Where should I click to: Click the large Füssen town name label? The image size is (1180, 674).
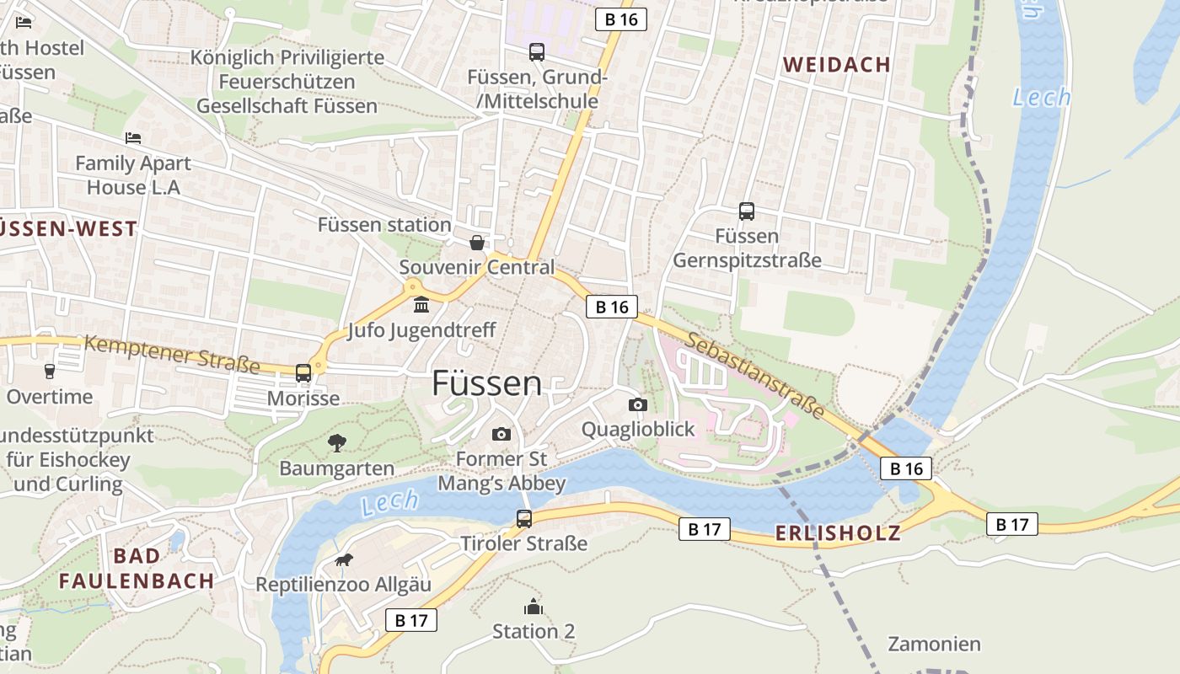click(486, 383)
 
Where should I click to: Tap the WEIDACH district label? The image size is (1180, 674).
click(836, 65)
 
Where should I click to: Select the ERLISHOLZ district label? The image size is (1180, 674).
click(837, 532)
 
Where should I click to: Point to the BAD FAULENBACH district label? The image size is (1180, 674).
click(137, 569)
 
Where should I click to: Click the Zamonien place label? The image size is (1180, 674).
click(934, 645)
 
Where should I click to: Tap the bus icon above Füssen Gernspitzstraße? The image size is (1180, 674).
click(746, 211)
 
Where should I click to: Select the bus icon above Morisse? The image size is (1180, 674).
click(303, 372)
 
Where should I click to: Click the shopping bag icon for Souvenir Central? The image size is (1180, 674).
click(477, 243)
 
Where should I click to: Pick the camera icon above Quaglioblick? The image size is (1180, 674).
click(638, 404)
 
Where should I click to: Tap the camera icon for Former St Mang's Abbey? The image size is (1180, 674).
click(501, 434)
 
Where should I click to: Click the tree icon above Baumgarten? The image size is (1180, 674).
click(336, 442)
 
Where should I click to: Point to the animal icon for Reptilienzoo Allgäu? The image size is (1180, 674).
click(343, 560)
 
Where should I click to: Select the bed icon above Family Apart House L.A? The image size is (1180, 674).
click(133, 137)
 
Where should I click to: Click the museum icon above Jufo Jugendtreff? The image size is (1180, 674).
click(421, 304)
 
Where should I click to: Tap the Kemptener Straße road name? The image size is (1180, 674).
click(172, 354)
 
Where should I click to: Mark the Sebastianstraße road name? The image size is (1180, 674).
click(754, 375)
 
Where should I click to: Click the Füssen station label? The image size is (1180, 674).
click(383, 225)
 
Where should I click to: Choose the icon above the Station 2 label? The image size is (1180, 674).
click(533, 607)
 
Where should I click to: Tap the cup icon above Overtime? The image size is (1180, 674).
click(49, 371)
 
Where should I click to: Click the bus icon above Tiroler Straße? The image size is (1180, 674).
click(523, 518)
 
